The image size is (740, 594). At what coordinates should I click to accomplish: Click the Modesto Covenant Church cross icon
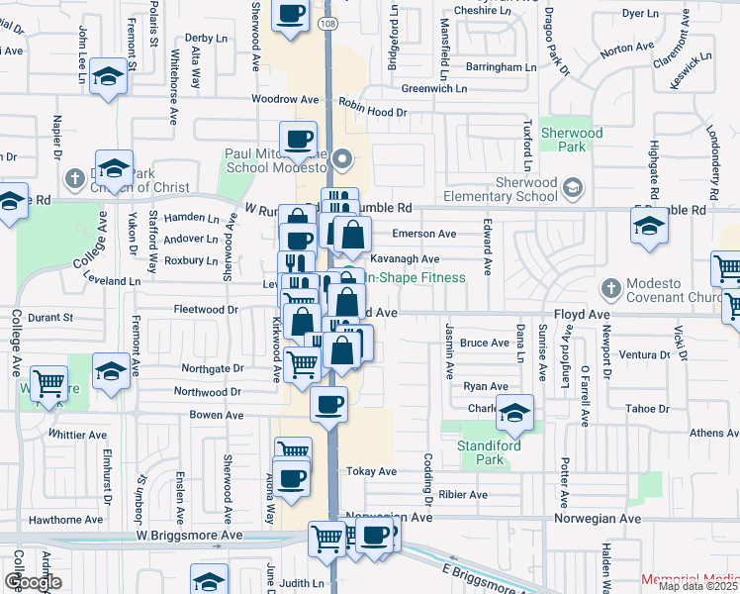click(609, 287)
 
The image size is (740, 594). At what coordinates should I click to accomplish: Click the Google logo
click(33, 581)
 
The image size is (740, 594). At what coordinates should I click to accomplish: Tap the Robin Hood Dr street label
click(372, 113)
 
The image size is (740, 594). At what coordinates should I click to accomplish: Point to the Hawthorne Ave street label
click(66, 519)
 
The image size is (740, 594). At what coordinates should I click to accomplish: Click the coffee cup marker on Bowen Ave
click(328, 402)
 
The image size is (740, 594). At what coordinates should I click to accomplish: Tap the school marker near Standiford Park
click(514, 413)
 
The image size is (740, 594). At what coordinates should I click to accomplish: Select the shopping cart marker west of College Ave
click(48, 382)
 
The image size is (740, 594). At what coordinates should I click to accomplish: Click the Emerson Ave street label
click(424, 234)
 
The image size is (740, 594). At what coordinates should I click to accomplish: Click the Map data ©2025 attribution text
click(698, 585)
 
